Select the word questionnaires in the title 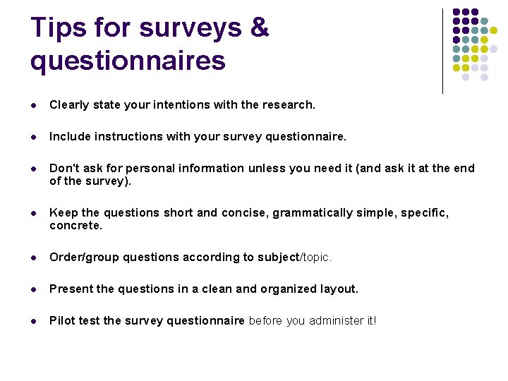click(x=128, y=61)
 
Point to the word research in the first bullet click(x=288, y=104)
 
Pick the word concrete click(x=75, y=226)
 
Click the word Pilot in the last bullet click(x=62, y=320)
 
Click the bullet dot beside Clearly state click(x=35, y=105)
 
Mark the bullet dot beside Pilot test click(x=35, y=321)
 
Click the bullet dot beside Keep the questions click(x=35, y=213)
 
